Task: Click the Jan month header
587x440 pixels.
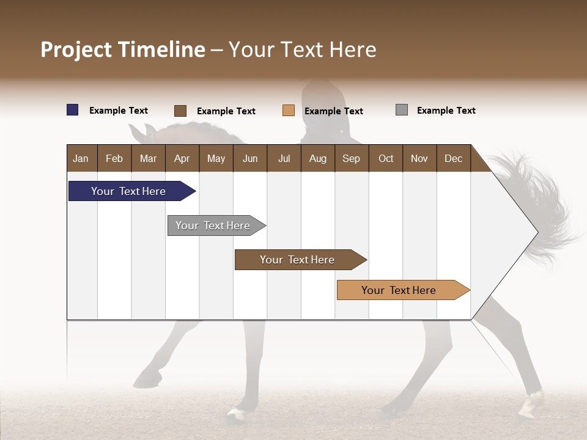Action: [x=81, y=158]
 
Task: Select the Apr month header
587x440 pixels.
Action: [x=182, y=158]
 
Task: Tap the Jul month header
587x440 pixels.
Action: [x=284, y=158]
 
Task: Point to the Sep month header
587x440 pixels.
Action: [x=351, y=158]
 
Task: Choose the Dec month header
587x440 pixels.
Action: [x=453, y=158]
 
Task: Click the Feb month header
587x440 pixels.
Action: [x=114, y=158]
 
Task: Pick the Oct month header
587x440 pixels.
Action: [x=386, y=158]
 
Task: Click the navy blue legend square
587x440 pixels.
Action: [x=73, y=110]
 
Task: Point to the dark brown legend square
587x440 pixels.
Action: [x=180, y=111]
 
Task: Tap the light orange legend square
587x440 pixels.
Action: [x=289, y=111]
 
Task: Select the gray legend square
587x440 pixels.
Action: [x=402, y=110]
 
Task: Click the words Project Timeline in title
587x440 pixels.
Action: [x=123, y=50]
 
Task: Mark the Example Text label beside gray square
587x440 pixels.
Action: [x=446, y=111]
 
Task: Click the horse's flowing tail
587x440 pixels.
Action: [x=538, y=202]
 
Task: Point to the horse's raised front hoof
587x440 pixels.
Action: [x=146, y=380]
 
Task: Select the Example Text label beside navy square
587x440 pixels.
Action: [x=119, y=111]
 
